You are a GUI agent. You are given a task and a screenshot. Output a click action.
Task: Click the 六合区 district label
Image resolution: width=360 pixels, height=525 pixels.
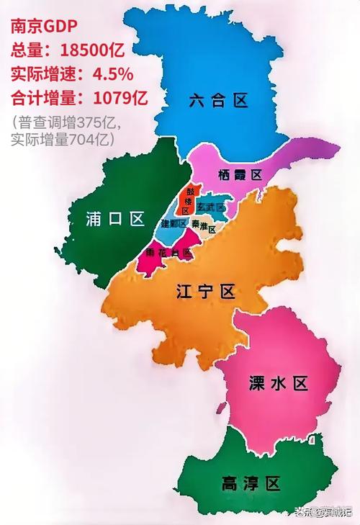[x=219, y=100]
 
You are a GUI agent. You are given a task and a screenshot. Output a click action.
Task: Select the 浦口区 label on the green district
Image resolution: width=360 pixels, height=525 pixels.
[x=115, y=219]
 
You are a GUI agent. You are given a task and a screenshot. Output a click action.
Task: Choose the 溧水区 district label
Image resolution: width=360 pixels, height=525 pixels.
[x=277, y=383]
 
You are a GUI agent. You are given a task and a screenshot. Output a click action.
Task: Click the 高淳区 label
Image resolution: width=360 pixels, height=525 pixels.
[x=251, y=483]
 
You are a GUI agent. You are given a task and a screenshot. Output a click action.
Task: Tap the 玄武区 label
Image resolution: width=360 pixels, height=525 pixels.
[x=211, y=207]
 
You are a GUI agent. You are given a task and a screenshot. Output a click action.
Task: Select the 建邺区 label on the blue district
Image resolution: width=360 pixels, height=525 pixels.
[x=174, y=224]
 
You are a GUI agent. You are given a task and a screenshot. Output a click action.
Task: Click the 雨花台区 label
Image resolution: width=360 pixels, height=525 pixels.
[x=168, y=253]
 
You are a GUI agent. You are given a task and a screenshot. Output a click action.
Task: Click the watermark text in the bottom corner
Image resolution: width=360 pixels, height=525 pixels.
[x=323, y=512]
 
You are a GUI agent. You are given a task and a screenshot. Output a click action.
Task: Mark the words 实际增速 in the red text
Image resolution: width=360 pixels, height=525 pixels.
[x=40, y=74]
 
